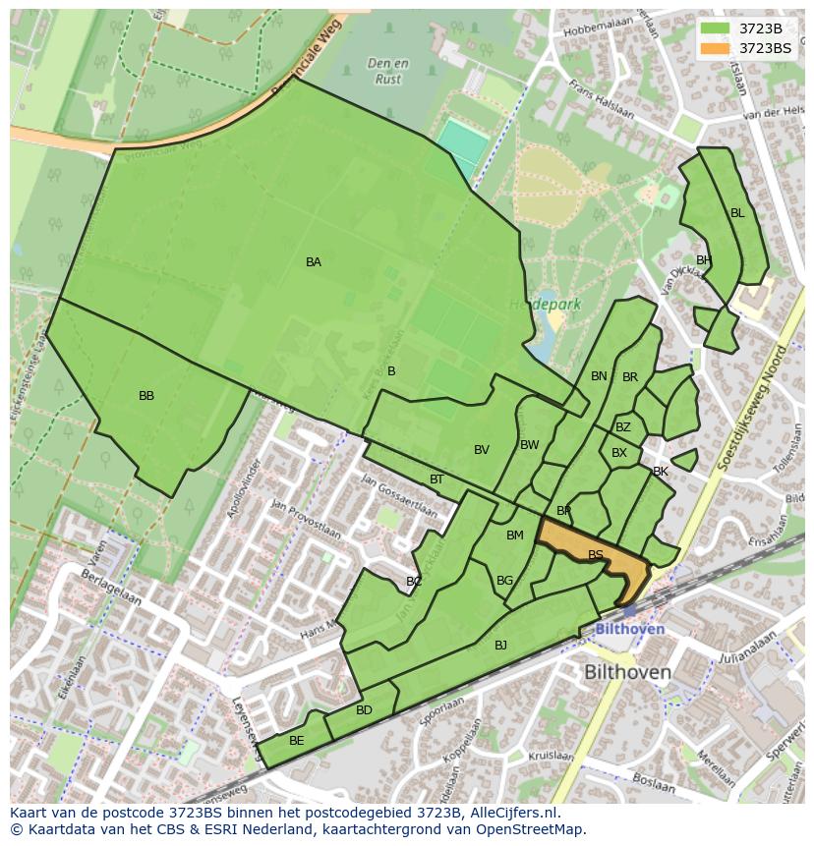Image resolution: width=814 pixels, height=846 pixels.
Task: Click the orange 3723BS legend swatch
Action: point(716,47)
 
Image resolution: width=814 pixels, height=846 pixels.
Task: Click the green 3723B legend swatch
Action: point(716,28)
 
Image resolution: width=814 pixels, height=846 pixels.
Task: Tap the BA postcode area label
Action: point(313,262)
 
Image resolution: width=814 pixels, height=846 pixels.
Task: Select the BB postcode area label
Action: point(146,396)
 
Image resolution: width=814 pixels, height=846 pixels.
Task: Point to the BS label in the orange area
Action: point(596,555)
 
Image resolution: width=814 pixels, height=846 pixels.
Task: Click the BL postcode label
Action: point(737,212)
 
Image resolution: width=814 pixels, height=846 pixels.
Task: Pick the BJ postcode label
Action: point(500,646)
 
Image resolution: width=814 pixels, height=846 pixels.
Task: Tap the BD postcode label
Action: point(364,710)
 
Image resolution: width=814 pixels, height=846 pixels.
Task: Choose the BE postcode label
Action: point(296,741)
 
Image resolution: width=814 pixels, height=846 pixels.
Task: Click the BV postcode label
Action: point(481,450)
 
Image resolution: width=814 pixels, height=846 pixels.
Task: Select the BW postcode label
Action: point(529,445)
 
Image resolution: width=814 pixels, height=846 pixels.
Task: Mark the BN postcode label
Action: point(599,376)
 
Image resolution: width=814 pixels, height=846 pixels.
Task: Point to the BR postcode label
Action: point(630,377)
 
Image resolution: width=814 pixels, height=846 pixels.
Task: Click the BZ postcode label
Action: point(623,427)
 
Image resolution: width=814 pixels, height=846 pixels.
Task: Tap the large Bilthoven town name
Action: point(627,673)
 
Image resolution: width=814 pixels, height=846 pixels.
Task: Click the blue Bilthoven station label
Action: point(629,629)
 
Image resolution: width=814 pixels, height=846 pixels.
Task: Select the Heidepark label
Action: point(546,305)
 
